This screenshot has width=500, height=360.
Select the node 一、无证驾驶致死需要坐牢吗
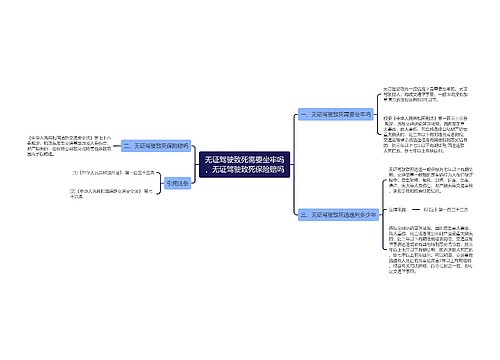(337, 115)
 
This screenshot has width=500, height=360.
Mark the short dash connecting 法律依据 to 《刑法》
(418, 237)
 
